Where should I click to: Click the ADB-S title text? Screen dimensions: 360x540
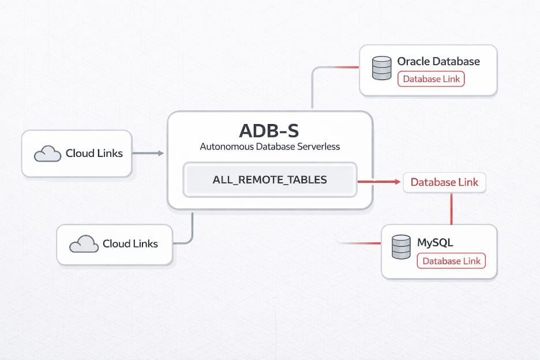269,129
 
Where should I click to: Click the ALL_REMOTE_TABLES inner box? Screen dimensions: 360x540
270,179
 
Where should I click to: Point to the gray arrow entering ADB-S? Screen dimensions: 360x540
148,153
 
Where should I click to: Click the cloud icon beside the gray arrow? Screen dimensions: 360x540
47,154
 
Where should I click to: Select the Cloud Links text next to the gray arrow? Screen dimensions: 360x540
94,153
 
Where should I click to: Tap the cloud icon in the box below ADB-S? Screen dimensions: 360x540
84,244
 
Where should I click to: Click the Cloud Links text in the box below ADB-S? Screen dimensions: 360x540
130,244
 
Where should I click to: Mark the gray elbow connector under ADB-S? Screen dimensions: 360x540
192,234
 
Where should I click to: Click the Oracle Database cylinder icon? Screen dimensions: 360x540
381,69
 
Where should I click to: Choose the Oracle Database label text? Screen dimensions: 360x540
438,62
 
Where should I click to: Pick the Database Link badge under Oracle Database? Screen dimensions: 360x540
431,79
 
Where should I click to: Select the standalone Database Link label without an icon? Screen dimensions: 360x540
444,182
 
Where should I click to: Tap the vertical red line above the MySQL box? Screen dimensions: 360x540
451,208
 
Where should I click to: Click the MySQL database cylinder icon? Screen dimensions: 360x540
401,247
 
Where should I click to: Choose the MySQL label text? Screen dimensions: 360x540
435,242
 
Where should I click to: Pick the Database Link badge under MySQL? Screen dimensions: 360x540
451,261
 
